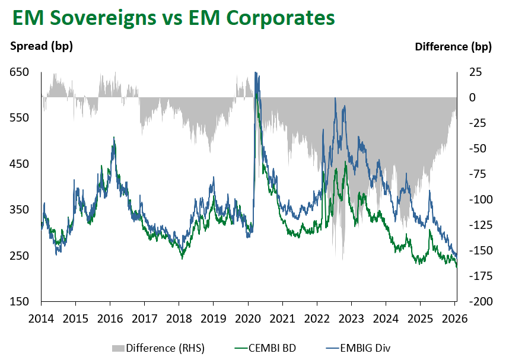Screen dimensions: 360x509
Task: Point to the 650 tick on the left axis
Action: point(19,72)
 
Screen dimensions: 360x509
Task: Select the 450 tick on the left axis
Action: point(19,164)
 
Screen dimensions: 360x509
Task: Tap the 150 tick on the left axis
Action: point(19,302)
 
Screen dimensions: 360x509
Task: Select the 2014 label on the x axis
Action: point(41,317)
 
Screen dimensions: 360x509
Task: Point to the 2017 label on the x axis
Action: point(145,317)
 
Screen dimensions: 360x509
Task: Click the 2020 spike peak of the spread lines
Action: point(256,73)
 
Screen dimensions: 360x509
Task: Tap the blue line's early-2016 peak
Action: point(113,138)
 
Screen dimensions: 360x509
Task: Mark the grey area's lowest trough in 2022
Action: point(343,259)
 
